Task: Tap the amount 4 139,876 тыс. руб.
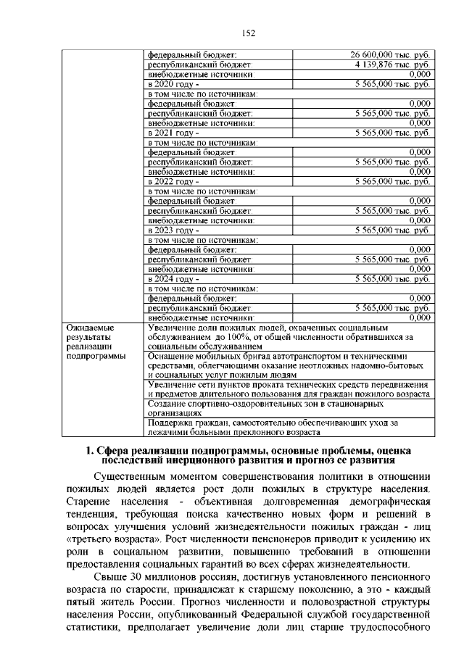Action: point(392,65)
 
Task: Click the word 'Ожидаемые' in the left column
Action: point(88,328)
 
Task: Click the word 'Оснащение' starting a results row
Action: point(171,357)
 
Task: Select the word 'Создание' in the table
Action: point(166,403)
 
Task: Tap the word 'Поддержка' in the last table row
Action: point(170,423)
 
